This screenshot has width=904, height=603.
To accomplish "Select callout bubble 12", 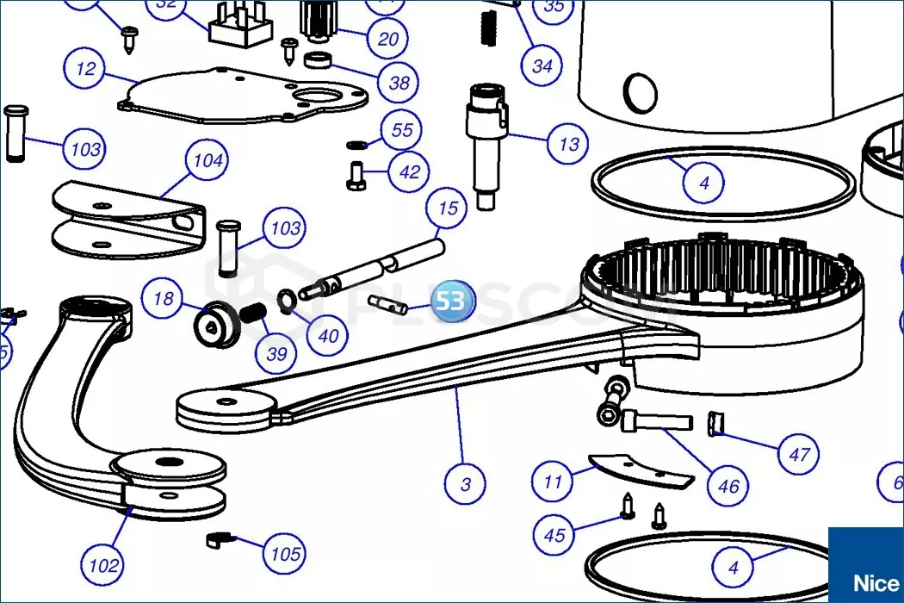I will [86, 69].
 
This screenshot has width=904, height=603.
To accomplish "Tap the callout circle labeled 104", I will [207, 160].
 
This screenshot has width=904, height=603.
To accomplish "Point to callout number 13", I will [569, 144].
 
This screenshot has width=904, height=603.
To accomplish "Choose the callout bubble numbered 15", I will [448, 208].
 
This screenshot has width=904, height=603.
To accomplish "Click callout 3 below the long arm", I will [466, 483].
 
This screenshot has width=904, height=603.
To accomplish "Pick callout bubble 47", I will [799, 453].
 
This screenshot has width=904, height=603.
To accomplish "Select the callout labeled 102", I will [104, 566].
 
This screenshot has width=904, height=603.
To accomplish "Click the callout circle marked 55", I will [402, 131].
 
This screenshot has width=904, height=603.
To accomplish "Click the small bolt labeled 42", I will [356, 176].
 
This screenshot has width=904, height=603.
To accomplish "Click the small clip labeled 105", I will [220, 541].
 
